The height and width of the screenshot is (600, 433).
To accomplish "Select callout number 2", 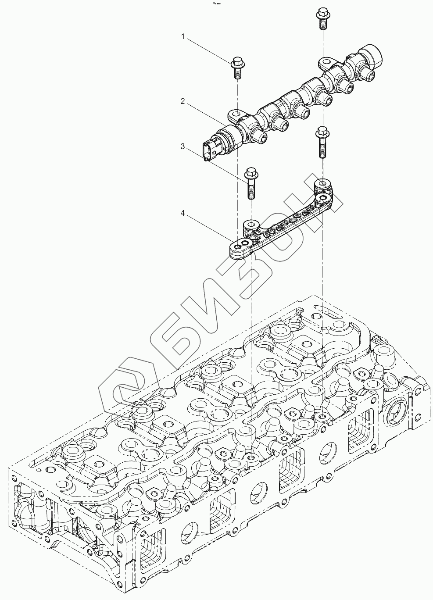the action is pos(183,101).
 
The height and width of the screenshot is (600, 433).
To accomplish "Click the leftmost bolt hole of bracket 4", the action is pos(238,249).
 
